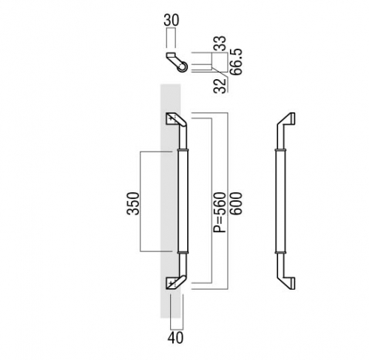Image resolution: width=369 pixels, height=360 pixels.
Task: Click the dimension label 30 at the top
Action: (x=172, y=20)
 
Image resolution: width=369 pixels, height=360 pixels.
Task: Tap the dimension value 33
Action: (x=220, y=44)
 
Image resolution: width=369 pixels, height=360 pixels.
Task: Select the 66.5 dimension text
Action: (x=236, y=61)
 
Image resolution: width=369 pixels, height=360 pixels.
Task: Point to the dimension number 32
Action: (x=220, y=86)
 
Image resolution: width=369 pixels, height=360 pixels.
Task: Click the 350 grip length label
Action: (x=133, y=203)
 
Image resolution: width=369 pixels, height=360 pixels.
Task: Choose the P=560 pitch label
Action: (x=220, y=212)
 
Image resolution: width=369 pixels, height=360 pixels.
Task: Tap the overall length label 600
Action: (x=236, y=203)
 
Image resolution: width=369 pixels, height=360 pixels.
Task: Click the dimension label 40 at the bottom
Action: (x=175, y=338)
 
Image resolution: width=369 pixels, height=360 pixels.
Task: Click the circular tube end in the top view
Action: (x=183, y=67)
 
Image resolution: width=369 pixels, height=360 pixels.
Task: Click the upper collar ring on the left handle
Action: (x=183, y=149)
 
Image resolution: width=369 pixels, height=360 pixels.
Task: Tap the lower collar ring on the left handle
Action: (x=183, y=252)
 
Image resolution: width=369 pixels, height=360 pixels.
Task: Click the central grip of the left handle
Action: (x=183, y=201)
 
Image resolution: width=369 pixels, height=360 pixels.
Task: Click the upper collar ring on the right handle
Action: (x=280, y=149)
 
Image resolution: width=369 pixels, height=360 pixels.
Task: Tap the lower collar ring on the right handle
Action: (x=280, y=252)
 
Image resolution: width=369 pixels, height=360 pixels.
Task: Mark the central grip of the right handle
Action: (x=280, y=201)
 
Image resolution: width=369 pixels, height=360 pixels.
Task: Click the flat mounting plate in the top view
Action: (x=171, y=55)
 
